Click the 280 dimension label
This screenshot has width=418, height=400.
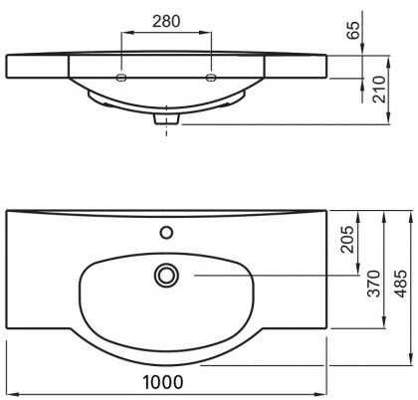coord(166,21)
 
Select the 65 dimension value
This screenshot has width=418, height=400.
coord(353,30)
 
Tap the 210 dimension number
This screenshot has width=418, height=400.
coord(379,90)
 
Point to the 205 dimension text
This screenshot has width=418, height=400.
coord(347,239)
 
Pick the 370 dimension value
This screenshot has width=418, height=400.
coord(375,283)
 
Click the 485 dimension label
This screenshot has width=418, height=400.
coord(400,284)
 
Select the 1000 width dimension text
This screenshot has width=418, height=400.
coord(163,382)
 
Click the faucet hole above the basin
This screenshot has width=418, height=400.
coord(166,232)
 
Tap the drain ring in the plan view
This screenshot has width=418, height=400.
coord(166,275)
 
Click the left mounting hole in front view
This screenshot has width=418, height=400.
coord(121,78)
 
